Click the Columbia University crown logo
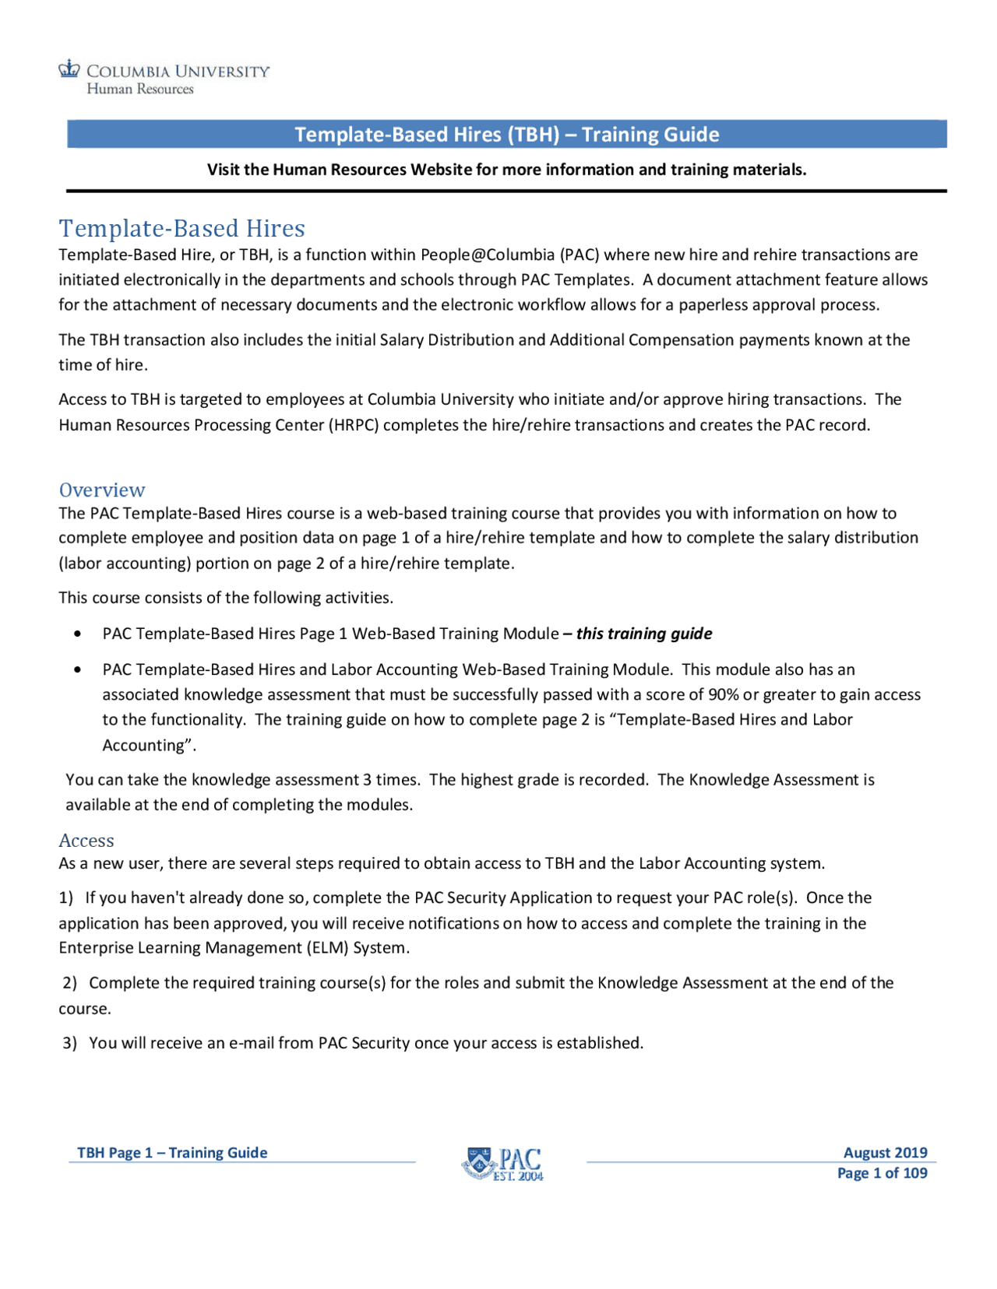[69, 69]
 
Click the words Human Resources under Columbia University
[140, 90]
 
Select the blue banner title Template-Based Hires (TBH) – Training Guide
[506, 135]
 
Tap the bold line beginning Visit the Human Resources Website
[506, 170]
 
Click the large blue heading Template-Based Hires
[181, 229]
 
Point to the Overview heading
[102, 490]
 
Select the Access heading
[86, 841]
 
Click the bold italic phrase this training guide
[643, 634]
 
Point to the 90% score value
[723, 694]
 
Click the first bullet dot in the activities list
[77, 634]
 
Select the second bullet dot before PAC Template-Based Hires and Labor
[77, 670]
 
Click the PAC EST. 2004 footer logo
[502, 1164]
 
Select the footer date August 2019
[885, 1153]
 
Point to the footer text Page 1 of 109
[882, 1173]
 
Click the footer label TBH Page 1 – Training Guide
[172, 1153]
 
